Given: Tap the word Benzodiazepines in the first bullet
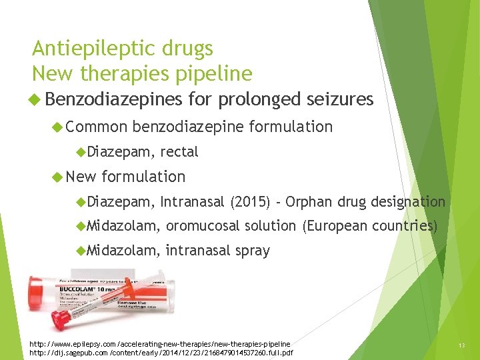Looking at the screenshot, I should click(115, 100).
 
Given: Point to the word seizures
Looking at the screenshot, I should click(340, 100).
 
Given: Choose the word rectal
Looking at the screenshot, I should click(179, 152).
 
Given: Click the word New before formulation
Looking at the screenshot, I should click(81, 177).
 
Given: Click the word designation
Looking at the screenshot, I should click(408, 201).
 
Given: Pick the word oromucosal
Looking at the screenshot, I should click(203, 227).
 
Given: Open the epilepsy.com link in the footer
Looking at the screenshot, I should click(160, 343).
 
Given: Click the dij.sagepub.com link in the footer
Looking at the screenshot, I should click(161, 352).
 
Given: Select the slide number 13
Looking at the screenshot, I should click(461, 345).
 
